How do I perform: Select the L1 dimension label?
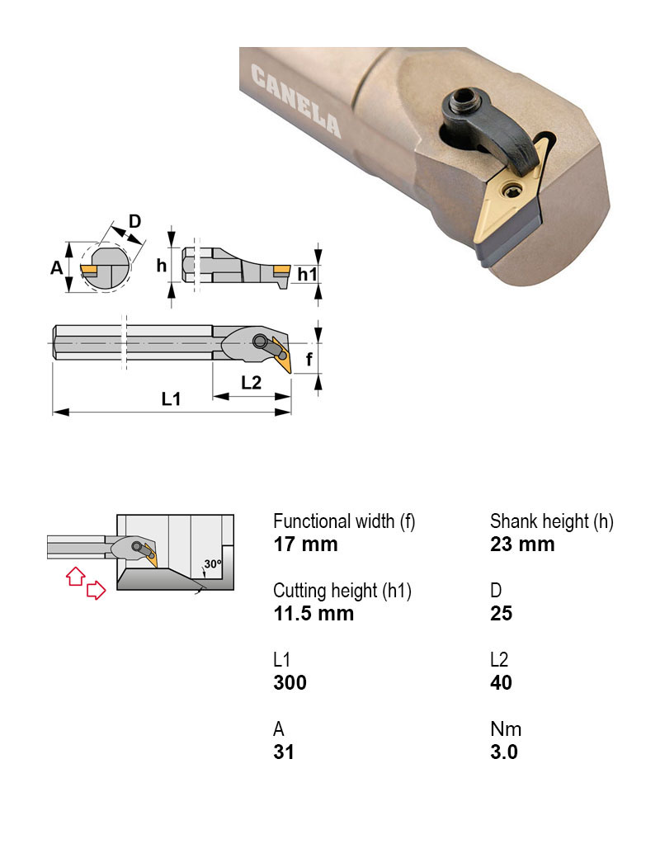click(171, 399)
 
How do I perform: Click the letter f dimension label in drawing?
click(308, 359)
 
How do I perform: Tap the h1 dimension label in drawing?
click(307, 273)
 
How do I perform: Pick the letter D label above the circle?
click(134, 221)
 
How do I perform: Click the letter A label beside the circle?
click(56, 267)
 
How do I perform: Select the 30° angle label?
click(213, 564)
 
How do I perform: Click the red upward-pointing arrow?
click(74, 575)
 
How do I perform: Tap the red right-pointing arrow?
click(97, 589)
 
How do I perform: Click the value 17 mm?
click(305, 544)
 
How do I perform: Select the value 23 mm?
click(522, 544)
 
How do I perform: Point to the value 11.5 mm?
click(313, 614)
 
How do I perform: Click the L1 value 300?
click(290, 683)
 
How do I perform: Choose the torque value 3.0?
click(503, 752)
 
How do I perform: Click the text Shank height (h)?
click(552, 521)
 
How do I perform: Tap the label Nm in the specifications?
click(506, 729)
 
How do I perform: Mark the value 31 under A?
click(284, 752)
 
